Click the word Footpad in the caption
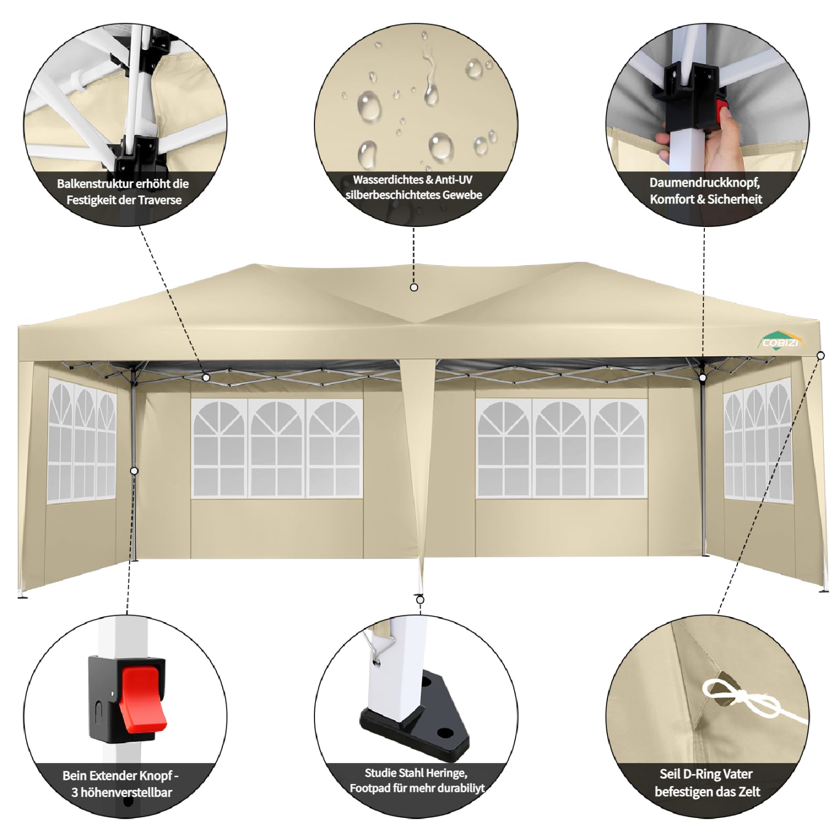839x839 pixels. pos(371,788)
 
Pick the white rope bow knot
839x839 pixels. pos(734,698)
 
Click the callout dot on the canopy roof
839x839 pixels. pos(414,287)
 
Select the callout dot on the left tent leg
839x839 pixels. pos(134,471)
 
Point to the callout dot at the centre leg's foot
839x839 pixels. pos(420,600)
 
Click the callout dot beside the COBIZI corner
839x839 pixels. pos(821,356)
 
